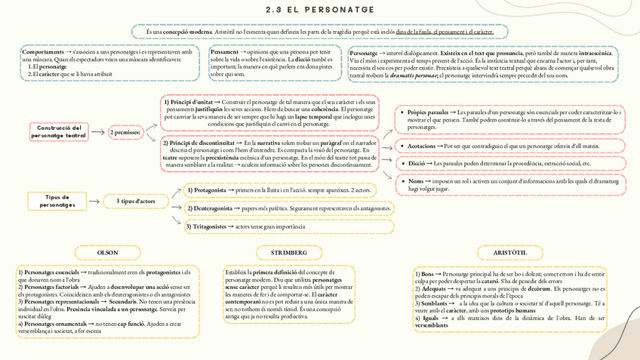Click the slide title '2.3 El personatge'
320,10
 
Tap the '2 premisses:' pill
125,133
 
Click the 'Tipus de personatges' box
57,201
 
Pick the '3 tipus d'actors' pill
136,202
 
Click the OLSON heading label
108,251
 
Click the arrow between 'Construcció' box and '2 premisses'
98,132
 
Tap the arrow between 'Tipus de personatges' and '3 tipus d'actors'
94,202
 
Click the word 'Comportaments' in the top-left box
42,53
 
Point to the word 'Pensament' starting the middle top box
226,53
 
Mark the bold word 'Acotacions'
420,146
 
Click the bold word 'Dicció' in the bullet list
416,163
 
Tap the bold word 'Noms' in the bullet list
416,181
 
